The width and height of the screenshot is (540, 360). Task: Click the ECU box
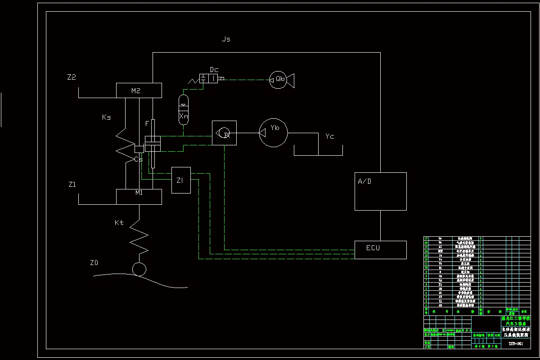[380, 250]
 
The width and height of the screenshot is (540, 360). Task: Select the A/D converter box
[380, 191]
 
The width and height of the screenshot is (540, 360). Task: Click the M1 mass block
[139, 197]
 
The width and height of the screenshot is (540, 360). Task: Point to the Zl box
[181, 180]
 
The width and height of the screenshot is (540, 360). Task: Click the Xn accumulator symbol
[184, 110]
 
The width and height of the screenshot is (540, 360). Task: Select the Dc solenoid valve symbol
[209, 79]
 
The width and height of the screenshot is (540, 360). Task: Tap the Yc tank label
[330, 136]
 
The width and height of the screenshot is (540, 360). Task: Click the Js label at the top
[226, 39]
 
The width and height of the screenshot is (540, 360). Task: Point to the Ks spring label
[107, 117]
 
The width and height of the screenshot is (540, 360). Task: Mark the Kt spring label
[119, 222]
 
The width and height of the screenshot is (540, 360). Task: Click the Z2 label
[71, 77]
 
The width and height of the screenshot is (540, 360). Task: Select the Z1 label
[72, 184]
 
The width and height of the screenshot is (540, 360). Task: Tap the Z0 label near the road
[94, 263]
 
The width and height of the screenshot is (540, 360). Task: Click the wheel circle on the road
[139, 269]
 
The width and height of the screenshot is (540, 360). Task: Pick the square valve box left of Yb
[224, 133]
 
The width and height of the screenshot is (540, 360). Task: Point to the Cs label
[139, 159]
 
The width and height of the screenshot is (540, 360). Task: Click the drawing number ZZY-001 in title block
[516, 343]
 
